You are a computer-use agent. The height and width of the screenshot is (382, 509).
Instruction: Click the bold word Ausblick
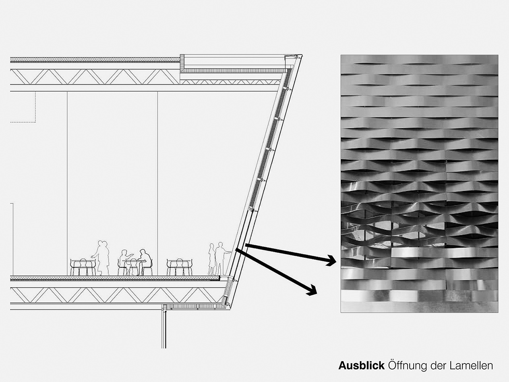pyautogui.click(x=361, y=365)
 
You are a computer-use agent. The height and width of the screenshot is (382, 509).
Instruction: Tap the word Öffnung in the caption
pyautogui.click(x=408, y=366)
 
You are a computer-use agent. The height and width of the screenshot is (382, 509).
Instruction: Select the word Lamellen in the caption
pyautogui.click(x=472, y=365)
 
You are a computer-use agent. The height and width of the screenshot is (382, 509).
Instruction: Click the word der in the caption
pyautogui.click(x=438, y=366)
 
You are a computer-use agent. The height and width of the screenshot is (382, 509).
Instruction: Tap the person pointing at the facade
pyautogui.click(x=222, y=259)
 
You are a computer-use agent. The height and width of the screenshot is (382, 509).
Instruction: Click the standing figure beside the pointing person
pyautogui.click(x=211, y=260)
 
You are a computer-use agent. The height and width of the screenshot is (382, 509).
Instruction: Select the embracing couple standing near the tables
pyautogui.click(x=101, y=258)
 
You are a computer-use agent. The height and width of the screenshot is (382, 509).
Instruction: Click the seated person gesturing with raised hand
pyautogui.click(x=125, y=261)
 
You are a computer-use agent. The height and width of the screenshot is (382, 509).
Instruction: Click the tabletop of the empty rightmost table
pyautogui.click(x=180, y=261)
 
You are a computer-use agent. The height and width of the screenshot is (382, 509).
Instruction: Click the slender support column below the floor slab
pyautogui.click(x=164, y=329)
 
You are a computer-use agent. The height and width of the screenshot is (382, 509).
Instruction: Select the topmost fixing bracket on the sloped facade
pyautogui.click(x=287, y=89)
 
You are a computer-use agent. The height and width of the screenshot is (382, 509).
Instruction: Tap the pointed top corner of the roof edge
pyautogui.click(x=302, y=55)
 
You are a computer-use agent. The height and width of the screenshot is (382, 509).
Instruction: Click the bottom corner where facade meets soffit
pyautogui.click(x=230, y=309)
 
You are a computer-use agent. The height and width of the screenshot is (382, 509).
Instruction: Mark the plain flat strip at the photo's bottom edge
pyautogui.click(x=419, y=307)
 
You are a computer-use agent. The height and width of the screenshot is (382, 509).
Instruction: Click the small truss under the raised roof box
pyautogui.click(x=230, y=82)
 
